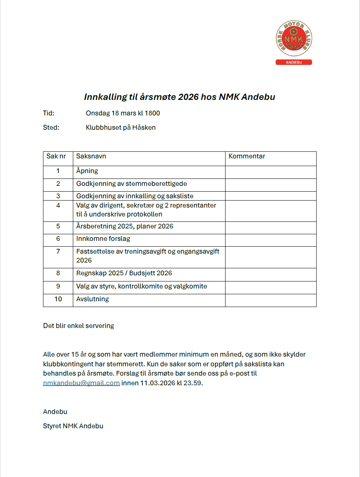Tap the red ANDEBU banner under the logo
coord(294,62)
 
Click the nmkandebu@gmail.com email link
coord(81,383)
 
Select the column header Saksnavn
coord(91,156)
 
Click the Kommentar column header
coord(247,156)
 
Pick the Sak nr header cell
coord(56,156)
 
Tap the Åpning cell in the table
coord(87,171)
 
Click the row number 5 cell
coord(58,226)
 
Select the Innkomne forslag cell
coord(103,239)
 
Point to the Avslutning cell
coord(93,299)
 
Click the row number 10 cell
coord(58,299)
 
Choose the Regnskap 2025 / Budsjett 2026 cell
coord(124,273)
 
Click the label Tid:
coord(49,113)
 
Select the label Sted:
coord(51,127)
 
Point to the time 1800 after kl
coord(153,113)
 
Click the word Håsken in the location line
coord(144,127)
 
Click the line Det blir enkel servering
coord(78,326)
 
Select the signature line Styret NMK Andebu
coord(73,426)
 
